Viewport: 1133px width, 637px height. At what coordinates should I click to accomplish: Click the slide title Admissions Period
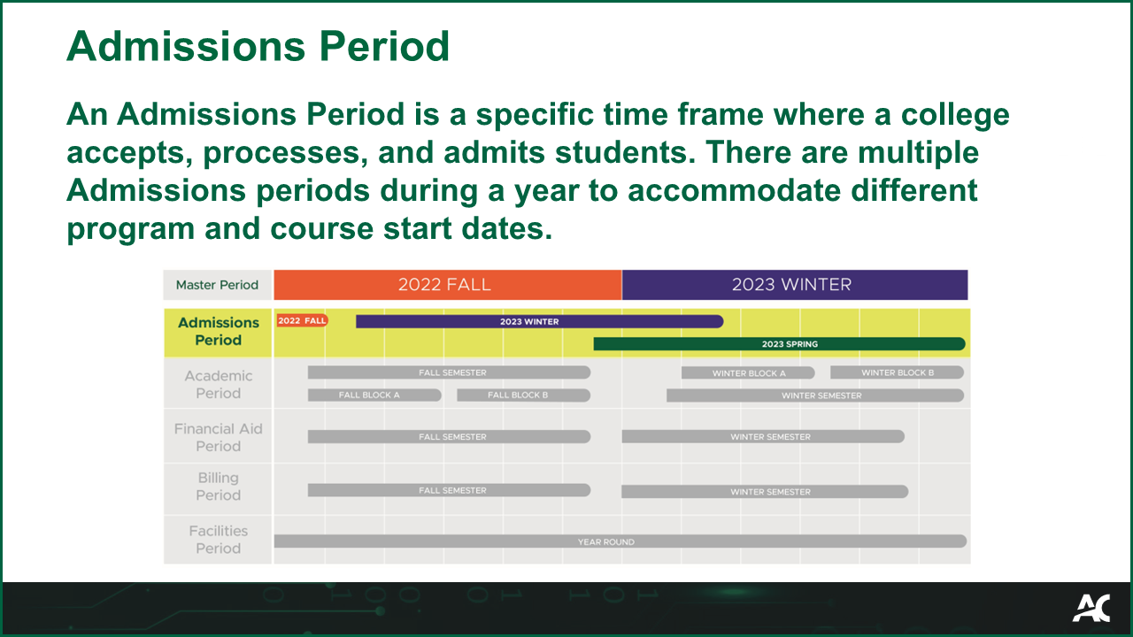click(x=258, y=46)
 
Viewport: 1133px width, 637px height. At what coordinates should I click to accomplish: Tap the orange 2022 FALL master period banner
click(x=447, y=285)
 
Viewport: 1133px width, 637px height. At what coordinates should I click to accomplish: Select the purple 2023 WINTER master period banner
click(x=794, y=285)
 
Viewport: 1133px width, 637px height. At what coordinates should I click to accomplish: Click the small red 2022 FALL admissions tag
click(x=302, y=320)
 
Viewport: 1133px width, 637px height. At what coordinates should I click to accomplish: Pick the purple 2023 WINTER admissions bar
click(x=538, y=321)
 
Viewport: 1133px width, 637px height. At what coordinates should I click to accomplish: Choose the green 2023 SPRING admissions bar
click(x=779, y=344)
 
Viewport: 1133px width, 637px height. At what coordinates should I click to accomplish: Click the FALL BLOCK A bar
click(x=374, y=395)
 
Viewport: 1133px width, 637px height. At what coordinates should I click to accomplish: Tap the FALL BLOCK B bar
click(x=522, y=395)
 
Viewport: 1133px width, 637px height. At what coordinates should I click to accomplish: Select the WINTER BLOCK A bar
click(x=748, y=373)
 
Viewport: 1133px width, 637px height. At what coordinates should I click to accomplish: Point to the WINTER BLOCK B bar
click(x=897, y=372)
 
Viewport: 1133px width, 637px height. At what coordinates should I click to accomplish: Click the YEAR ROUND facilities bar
click(x=620, y=541)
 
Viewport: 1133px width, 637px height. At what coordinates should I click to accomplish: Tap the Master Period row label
click(x=217, y=285)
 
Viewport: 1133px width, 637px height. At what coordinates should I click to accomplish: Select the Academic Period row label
click(x=218, y=385)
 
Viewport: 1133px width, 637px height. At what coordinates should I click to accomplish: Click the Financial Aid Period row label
click(x=218, y=437)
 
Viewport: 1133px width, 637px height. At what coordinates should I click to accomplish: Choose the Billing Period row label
click(x=218, y=487)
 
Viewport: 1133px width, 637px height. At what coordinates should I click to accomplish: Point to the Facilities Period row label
click(x=218, y=540)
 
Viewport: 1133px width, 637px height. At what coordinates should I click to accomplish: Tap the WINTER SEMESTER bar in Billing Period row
click(x=764, y=492)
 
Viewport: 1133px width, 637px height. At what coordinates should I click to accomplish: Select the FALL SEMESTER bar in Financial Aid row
click(x=449, y=436)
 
